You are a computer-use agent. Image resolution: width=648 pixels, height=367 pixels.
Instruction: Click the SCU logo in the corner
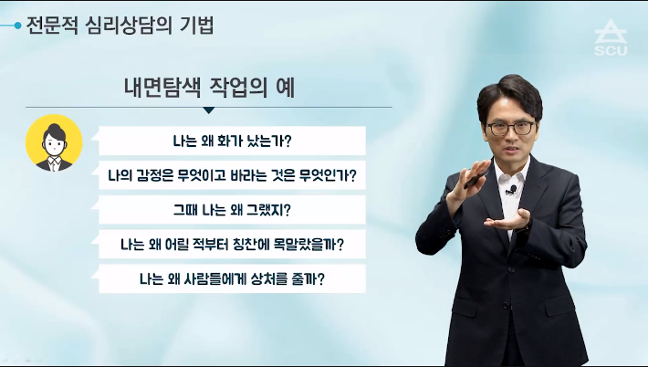tap(611, 37)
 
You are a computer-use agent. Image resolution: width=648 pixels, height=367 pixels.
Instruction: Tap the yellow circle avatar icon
tap(54, 143)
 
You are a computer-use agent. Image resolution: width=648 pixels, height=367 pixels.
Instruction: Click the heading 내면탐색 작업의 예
tap(210, 88)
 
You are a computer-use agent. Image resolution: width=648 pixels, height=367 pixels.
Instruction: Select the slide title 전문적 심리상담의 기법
tap(120, 26)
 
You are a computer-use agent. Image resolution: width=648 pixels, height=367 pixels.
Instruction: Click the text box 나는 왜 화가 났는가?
tap(232, 141)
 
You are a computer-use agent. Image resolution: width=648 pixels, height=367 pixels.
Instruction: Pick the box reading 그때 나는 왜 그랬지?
tap(232, 210)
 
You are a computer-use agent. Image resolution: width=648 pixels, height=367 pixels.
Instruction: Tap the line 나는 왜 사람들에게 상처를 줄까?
tap(232, 279)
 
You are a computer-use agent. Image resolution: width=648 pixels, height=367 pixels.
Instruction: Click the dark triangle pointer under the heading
tap(209, 110)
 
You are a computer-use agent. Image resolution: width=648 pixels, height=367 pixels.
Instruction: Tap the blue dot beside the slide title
tap(17, 26)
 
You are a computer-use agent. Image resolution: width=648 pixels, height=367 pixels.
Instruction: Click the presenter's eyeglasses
tap(511, 128)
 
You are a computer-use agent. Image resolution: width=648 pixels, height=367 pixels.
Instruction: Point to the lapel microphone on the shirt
tap(512, 190)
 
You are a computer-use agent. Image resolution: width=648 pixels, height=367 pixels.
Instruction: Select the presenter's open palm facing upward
tap(507, 220)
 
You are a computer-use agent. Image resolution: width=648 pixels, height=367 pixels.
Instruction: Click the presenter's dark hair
tap(510, 94)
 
